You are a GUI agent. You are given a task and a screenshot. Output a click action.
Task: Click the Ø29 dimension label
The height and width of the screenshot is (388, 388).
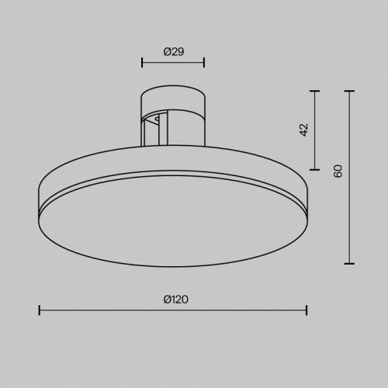[x=172, y=51]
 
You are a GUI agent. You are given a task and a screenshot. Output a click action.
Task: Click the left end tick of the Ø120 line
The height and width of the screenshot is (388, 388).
[x=39, y=310]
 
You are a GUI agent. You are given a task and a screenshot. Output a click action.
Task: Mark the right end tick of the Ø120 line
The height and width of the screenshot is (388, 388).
[x=307, y=310]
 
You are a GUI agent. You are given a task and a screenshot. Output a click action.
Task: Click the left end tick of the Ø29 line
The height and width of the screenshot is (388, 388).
[x=140, y=62]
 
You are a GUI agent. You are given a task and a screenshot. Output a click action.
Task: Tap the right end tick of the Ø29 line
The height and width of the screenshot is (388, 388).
[x=204, y=62]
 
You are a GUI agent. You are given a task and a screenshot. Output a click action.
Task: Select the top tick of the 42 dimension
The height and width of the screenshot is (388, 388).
[x=315, y=91]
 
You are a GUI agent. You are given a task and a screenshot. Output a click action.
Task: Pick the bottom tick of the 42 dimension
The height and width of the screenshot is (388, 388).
[x=315, y=168]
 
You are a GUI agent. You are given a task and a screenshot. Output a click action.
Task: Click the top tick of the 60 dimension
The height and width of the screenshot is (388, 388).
[x=350, y=91]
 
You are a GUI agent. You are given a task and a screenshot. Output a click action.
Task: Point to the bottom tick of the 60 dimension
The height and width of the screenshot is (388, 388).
[x=350, y=264]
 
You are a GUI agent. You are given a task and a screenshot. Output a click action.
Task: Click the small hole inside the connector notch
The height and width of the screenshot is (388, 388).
[x=158, y=120]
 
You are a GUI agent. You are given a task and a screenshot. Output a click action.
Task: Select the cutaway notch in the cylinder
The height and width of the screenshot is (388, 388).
[x=153, y=126]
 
